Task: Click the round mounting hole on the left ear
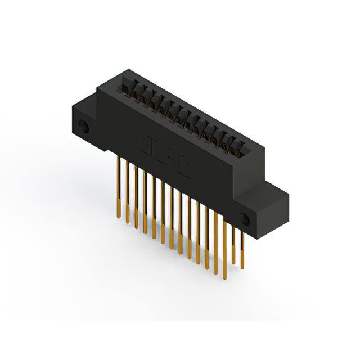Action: [83, 127]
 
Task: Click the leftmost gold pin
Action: [118, 180]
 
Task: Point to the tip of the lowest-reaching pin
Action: [225, 278]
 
